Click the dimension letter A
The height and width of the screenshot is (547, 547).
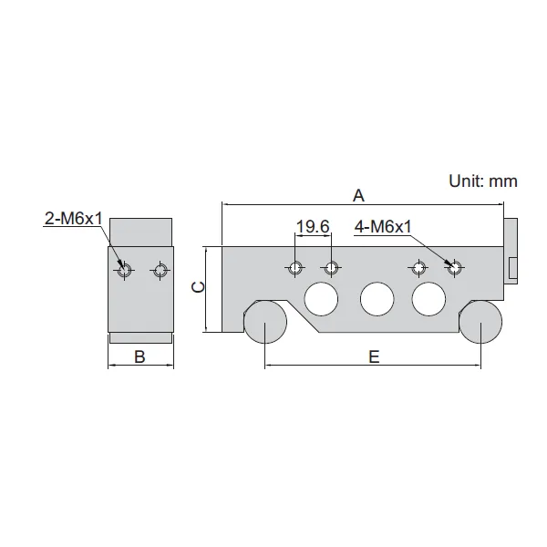(358, 196)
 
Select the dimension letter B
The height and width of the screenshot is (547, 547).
(139, 356)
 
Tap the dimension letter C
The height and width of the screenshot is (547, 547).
(199, 287)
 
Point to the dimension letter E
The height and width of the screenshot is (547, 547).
(374, 356)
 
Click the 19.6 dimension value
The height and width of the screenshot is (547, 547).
(313, 227)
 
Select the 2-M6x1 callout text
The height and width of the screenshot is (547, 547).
(74, 219)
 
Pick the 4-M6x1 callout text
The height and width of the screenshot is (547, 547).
(383, 227)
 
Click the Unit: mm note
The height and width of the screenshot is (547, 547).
(483, 181)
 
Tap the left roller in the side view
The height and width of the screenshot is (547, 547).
(265, 322)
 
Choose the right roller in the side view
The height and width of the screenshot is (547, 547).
(480, 322)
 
